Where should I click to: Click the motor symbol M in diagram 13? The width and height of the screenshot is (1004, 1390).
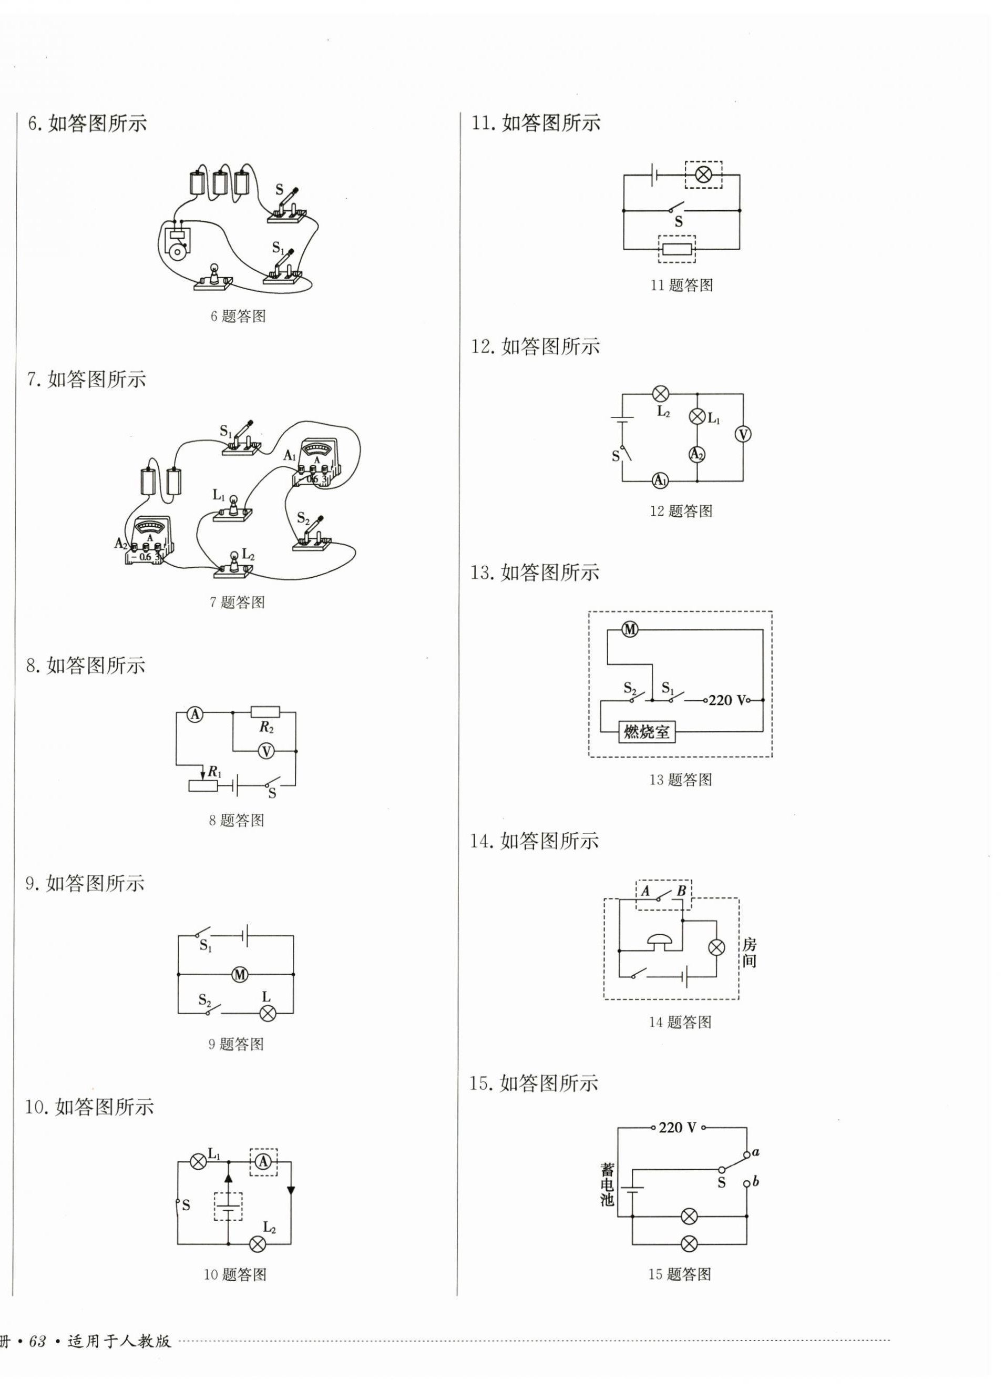(630, 629)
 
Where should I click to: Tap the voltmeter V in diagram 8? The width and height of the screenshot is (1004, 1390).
(265, 751)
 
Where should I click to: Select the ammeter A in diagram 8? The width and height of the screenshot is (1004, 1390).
(195, 714)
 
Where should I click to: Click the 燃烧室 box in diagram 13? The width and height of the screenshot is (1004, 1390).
(647, 732)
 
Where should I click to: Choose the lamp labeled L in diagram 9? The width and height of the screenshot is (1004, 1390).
(267, 1013)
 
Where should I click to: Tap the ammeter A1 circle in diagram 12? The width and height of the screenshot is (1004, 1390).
(660, 481)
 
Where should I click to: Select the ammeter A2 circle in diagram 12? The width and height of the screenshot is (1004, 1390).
(697, 454)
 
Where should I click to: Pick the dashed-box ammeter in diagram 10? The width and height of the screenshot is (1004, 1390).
(263, 1162)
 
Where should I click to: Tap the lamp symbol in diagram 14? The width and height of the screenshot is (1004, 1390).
(716, 947)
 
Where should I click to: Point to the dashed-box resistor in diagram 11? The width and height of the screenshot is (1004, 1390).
(677, 249)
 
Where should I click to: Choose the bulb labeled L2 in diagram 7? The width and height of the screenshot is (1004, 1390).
(233, 562)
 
